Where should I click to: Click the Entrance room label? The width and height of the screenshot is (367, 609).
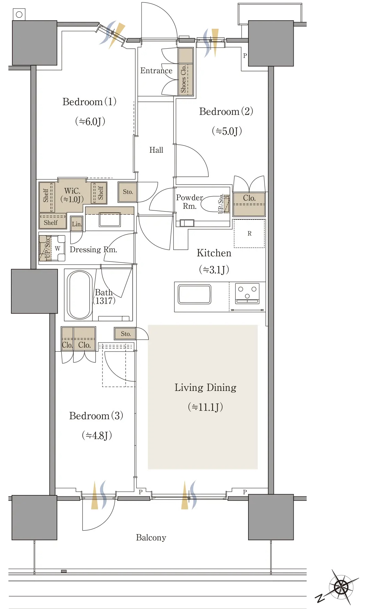tap(156, 71)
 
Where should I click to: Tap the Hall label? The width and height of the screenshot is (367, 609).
tap(156, 150)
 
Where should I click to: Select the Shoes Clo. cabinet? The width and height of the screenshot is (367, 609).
tap(186, 72)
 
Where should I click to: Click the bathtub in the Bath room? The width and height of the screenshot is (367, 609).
tap(80, 295)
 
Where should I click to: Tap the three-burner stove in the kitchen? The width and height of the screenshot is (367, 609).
tap(247, 293)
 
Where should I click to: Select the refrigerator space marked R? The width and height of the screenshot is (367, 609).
tap(249, 233)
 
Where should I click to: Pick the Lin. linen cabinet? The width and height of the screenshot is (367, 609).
tap(76, 224)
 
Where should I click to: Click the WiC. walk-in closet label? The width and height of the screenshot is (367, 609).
tap(72, 191)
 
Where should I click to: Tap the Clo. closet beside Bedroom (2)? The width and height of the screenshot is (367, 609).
tap(249, 204)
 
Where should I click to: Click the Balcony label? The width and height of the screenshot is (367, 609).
tap(151, 537)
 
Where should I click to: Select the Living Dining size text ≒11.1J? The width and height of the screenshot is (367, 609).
tap(206, 407)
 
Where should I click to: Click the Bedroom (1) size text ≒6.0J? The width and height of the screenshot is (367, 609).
tap(90, 121)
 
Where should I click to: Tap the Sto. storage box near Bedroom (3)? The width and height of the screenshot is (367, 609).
tap(125, 333)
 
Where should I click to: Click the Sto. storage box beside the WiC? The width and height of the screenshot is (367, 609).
tap(127, 192)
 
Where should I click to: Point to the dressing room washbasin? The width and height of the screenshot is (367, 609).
tap(110, 219)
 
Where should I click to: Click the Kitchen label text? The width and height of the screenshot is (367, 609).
tap(214, 253)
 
